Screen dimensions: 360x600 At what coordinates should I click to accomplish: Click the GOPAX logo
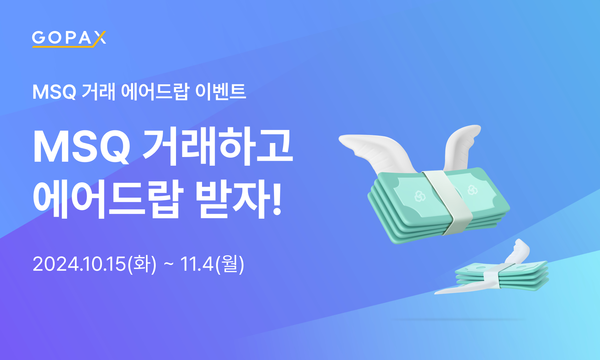click(69, 40)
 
